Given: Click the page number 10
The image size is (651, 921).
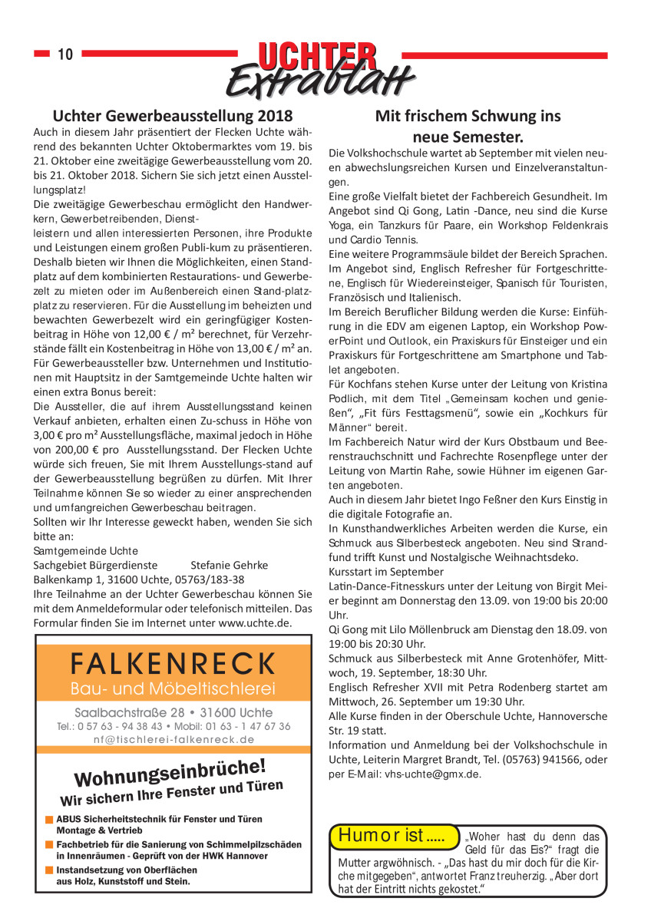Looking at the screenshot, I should coord(64,54).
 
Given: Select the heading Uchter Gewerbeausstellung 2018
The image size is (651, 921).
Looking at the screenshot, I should coord(173,117).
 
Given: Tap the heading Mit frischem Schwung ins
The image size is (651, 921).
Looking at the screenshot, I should coord(468,117).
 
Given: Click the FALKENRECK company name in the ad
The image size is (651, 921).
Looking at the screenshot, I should coord(173,662).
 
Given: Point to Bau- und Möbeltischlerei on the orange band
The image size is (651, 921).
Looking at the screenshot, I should coord(173,687).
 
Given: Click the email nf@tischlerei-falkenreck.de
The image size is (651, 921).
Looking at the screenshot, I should coord(173,739).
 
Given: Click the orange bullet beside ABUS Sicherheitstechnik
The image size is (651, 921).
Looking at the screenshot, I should coord(48,820).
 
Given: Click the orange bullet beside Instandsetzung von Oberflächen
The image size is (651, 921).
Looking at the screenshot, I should coord(48,870).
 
